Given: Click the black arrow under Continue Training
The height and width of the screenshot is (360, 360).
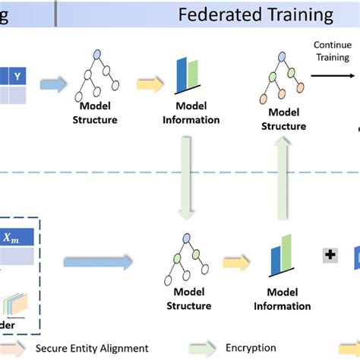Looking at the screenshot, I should [x=334, y=74].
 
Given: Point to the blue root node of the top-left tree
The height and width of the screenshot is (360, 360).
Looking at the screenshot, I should [x=97, y=55].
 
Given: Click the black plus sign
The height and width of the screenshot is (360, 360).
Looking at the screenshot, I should [x=330, y=256].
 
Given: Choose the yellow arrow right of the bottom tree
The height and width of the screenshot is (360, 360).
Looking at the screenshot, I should [x=234, y=262].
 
